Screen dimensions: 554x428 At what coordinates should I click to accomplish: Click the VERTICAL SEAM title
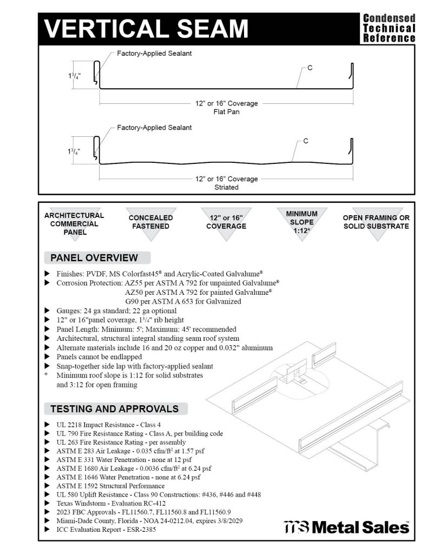[146, 28]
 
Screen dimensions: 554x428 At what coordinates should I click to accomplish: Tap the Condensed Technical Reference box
[389, 28]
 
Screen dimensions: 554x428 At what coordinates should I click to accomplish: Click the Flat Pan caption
[226, 113]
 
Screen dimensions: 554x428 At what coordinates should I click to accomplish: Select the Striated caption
[226, 188]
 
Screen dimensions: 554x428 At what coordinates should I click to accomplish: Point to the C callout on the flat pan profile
[310, 68]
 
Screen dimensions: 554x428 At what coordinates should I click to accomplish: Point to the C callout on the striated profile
[306, 141]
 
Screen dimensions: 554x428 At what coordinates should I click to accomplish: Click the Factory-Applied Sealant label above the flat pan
[154, 54]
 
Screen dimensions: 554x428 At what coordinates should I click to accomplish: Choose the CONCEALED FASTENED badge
[151, 222]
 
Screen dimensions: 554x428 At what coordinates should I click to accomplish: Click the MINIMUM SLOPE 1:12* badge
[301, 222]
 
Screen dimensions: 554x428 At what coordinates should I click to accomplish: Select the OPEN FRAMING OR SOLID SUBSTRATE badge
[376, 222]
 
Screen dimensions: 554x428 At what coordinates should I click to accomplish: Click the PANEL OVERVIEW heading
[94, 258]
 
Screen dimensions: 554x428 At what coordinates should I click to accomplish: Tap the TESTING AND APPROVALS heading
[114, 408]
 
